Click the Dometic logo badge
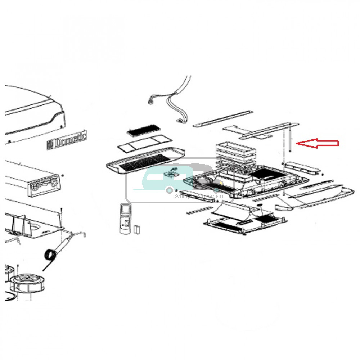tap(67, 140)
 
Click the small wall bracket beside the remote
tap(136, 229)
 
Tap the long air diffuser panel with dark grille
tap(146, 162)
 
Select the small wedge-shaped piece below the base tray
tap(283, 208)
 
